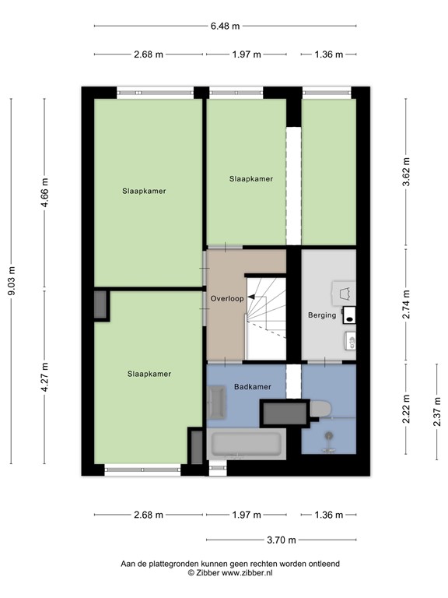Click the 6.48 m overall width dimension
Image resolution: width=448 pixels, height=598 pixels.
click(x=226, y=26)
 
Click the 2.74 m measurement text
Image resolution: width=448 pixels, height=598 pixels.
click(x=406, y=306)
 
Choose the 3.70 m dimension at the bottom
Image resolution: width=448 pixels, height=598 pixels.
click(x=281, y=539)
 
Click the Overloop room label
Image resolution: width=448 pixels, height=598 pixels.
click(x=227, y=298)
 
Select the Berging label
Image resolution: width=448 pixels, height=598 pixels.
click(x=322, y=315)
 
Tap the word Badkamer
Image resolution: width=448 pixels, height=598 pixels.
click(x=253, y=386)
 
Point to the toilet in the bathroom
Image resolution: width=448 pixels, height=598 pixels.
click(x=320, y=408)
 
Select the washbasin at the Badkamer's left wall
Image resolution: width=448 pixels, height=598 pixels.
click(x=216, y=403)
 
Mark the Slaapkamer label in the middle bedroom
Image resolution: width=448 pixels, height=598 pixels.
click(x=250, y=179)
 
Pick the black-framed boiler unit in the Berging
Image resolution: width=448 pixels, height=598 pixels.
click(x=348, y=315)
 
